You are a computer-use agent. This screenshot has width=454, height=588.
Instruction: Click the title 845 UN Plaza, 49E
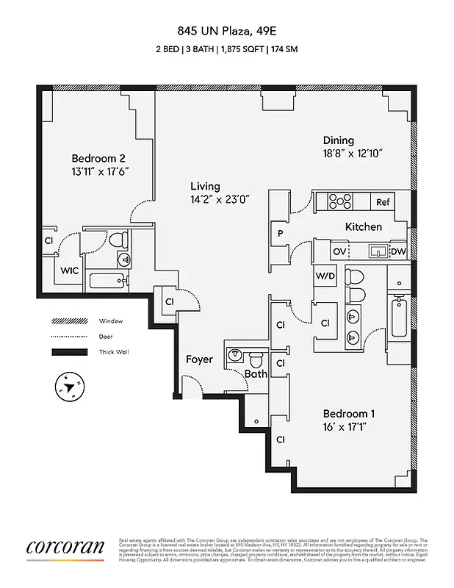(x=227, y=31)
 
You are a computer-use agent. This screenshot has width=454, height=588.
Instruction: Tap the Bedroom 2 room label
(x=98, y=158)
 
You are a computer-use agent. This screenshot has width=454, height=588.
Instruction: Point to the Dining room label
(x=338, y=140)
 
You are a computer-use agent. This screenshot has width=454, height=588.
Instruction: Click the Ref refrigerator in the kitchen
(x=383, y=202)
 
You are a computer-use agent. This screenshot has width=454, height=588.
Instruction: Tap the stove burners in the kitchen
(x=341, y=201)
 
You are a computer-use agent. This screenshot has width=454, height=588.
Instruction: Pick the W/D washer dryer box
(x=325, y=276)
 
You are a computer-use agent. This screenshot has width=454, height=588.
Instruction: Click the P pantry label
(x=280, y=234)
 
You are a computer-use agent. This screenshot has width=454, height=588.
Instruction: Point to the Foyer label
(x=199, y=359)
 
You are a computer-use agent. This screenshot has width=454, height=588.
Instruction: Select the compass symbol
(x=68, y=387)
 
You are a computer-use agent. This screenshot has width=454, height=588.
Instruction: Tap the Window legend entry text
(x=111, y=321)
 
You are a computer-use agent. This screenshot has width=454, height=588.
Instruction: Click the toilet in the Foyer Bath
(x=256, y=360)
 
